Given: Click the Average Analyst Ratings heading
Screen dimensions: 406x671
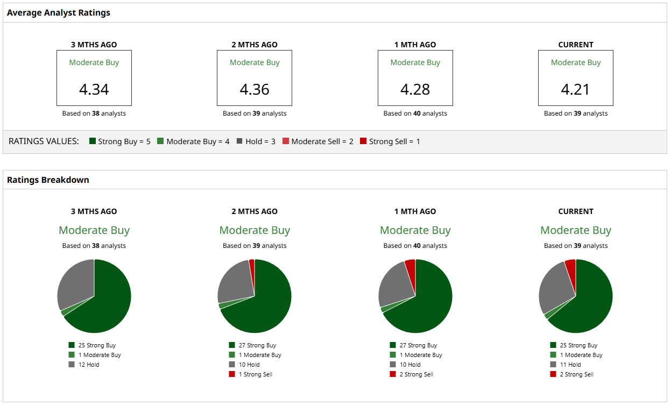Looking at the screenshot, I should (x=58, y=13).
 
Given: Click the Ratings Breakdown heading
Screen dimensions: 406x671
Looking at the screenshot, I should (x=48, y=180).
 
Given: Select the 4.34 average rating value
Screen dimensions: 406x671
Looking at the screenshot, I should (x=94, y=89).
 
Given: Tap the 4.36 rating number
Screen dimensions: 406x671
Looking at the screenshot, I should (x=255, y=89).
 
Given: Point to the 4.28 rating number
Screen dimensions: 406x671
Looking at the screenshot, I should (x=415, y=89).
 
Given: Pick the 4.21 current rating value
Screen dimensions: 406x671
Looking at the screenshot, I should (x=576, y=89).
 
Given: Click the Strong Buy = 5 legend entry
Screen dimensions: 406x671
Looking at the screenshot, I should (x=119, y=142).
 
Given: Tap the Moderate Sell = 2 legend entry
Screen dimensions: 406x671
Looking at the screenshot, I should (x=317, y=142).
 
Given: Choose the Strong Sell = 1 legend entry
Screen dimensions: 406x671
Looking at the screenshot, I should (x=390, y=142).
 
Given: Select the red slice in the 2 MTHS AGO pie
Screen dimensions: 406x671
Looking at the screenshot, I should (x=252, y=265).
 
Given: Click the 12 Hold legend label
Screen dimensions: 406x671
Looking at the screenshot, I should (x=88, y=365).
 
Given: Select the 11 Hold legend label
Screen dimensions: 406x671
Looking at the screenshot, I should (x=570, y=365).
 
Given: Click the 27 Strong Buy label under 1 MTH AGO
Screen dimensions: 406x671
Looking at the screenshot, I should (x=418, y=345).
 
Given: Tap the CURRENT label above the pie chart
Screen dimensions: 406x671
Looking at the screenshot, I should (x=576, y=211).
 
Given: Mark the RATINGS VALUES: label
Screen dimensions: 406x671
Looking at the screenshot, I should (x=44, y=141).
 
